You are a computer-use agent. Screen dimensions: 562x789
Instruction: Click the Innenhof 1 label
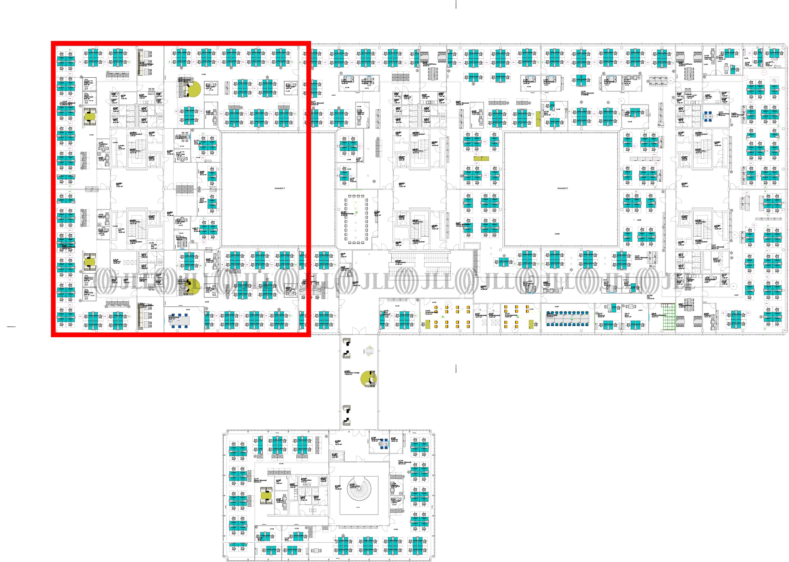[x=280, y=189]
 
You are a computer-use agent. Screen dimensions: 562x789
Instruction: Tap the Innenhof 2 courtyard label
[x=562, y=189]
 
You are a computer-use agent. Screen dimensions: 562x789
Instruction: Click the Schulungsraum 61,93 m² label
[x=429, y=313]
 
